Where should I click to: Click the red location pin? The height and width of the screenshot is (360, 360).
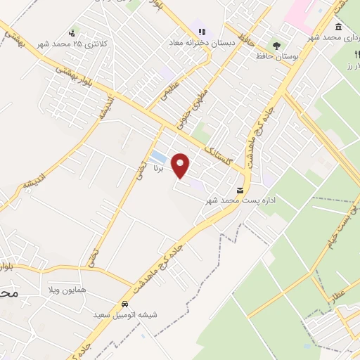(182, 165)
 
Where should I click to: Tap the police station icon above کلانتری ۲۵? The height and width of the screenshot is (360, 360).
(72, 32)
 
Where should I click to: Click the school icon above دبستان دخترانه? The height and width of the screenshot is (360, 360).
(202, 31)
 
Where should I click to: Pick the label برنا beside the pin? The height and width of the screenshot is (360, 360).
(160, 168)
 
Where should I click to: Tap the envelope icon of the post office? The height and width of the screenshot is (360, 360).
(241, 190)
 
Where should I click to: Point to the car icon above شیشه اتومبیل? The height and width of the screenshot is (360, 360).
(124, 304)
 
